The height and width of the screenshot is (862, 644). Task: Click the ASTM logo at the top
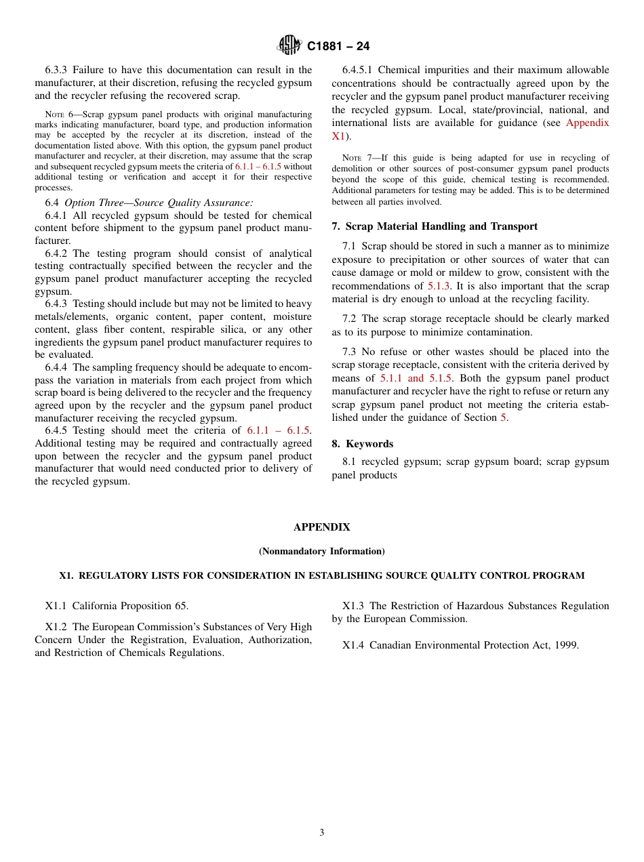289,45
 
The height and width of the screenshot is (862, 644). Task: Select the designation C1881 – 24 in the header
338,47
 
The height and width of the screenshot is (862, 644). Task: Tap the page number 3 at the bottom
322,832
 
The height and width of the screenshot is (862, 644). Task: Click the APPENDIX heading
322,527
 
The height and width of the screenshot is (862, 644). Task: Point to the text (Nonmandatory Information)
322,552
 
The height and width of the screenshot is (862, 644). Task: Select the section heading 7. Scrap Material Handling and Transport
435,226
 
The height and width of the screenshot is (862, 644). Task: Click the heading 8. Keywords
363,444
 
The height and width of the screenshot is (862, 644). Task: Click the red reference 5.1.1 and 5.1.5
416,378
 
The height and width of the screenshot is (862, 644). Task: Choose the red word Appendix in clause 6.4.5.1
587,123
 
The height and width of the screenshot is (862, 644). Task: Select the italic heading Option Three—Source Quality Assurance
159,203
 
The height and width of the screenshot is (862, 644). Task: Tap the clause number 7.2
349,319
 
